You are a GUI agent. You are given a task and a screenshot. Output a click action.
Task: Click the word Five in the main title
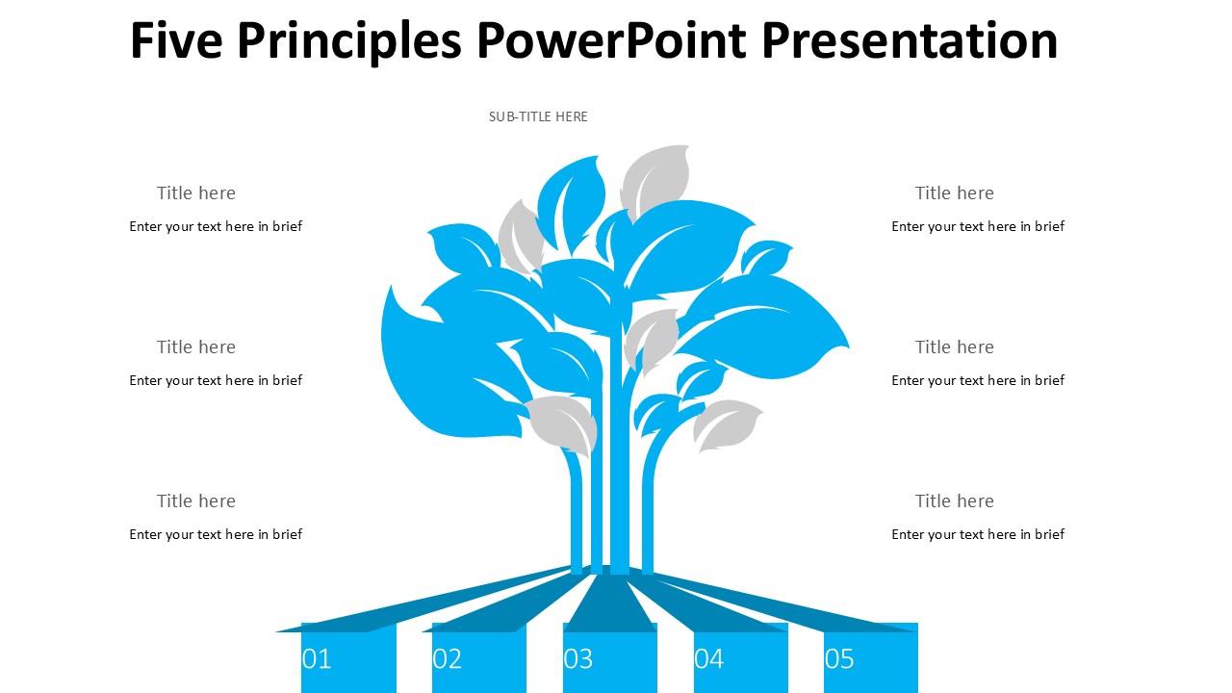tap(175, 40)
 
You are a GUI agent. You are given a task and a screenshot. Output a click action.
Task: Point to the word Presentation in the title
tap(910, 40)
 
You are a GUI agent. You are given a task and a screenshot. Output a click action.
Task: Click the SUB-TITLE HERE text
tap(538, 116)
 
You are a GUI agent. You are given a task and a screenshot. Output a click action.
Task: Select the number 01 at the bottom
tap(317, 659)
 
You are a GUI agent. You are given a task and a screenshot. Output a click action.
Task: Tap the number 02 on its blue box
tap(448, 659)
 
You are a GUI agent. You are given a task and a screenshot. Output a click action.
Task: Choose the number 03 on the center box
tap(578, 659)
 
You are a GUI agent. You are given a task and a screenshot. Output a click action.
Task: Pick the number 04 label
tap(709, 659)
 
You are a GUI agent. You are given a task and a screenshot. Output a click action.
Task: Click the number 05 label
tap(839, 659)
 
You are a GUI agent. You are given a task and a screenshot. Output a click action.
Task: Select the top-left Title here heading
tap(196, 193)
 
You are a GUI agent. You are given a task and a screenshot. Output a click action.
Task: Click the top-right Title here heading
tap(954, 193)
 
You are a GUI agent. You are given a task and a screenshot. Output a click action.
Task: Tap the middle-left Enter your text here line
tap(216, 380)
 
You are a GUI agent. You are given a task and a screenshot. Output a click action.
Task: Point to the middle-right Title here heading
tap(954, 347)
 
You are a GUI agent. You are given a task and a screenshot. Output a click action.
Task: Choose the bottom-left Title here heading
tap(196, 501)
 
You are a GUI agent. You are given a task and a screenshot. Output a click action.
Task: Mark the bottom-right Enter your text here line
tap(978, 534)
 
